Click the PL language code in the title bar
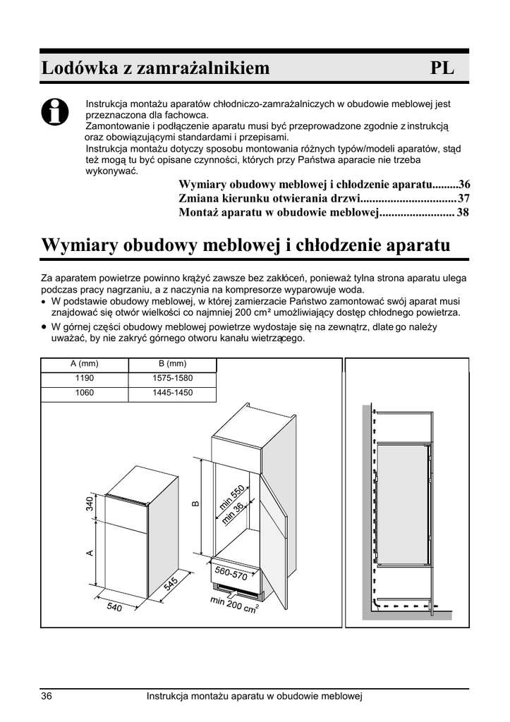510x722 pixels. click(442, 68)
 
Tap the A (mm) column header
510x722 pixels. click(84, 364)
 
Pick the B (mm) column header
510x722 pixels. click(172, 364)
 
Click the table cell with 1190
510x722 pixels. click(84, 379)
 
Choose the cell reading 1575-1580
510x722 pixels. click(172, 379)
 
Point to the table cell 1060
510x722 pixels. click(84, 393)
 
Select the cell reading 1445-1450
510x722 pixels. click(172, 393)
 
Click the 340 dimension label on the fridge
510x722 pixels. click(90, 504)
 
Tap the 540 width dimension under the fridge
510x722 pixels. click(114, 606)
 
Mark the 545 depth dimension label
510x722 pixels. click(171, 585)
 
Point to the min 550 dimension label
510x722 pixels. click(231, 494)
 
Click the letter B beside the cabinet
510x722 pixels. click(195, 503)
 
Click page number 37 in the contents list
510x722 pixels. click(463, 198)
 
